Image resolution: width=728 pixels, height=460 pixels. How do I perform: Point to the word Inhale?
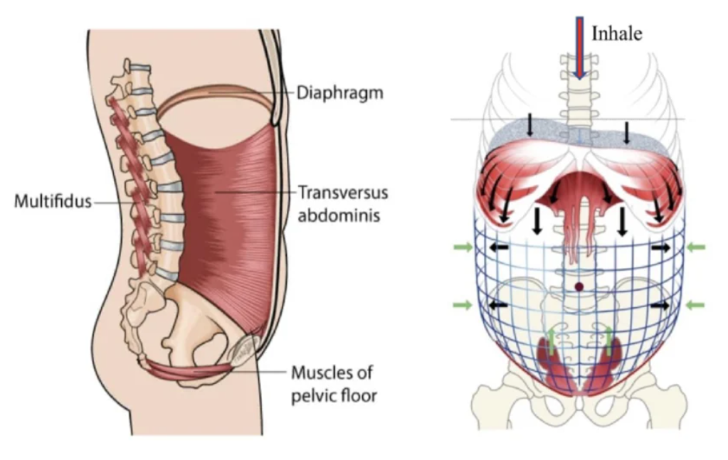click(x=616, y=33)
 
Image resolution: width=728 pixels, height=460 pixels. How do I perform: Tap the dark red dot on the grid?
click(x=579, y=287)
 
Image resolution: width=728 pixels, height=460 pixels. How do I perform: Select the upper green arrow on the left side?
click(x=463, y=247)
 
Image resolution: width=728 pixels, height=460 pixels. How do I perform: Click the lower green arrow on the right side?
click(x=695, y=305)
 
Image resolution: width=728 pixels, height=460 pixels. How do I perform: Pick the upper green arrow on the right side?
click(x=695, y=247)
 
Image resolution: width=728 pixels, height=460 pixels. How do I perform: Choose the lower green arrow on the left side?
click(x=463, y=305)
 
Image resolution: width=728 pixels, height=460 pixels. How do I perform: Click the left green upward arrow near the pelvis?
click(x=551, y=340)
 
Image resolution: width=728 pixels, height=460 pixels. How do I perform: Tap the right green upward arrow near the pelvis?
click(x=608, y=340)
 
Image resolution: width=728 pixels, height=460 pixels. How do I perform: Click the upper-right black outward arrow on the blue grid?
click(x=660, y=247)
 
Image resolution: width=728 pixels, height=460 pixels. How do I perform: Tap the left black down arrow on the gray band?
click(x=530, y=127)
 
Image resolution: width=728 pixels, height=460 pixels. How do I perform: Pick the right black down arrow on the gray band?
click(x=627, y=131)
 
